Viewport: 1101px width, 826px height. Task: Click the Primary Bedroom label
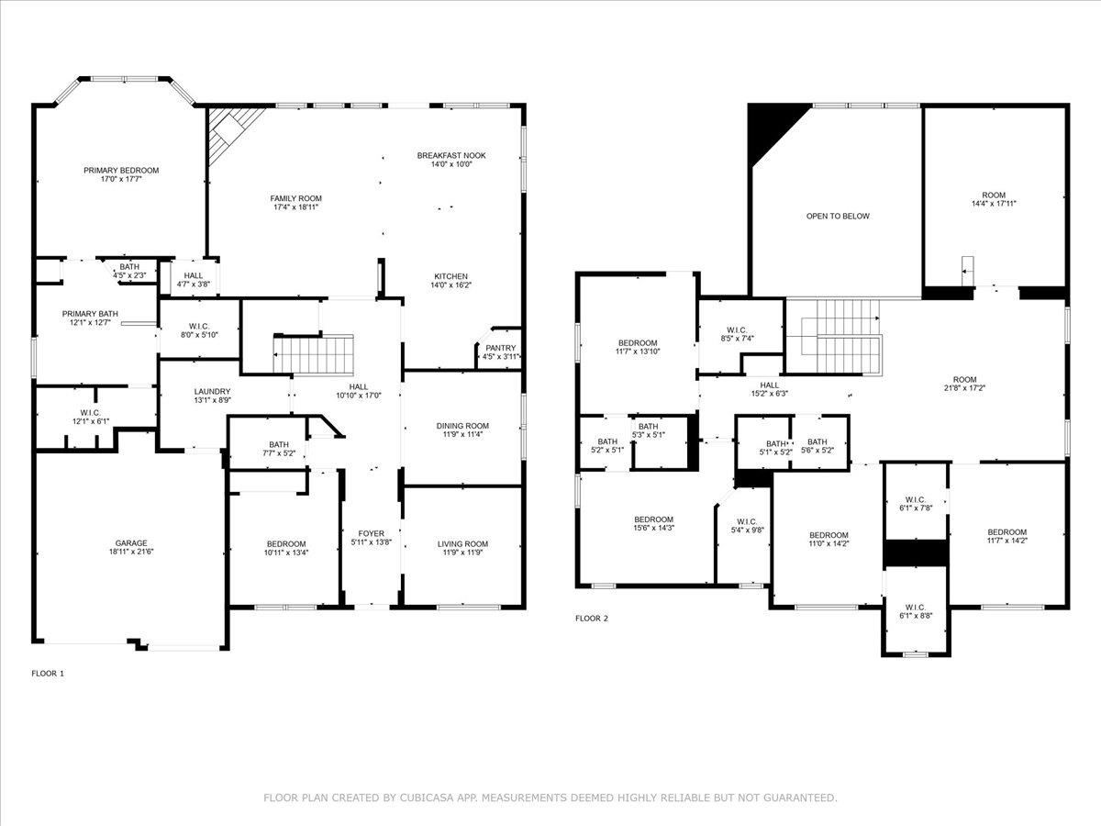pos(121,170)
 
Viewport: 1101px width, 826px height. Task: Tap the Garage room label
pos(131,542)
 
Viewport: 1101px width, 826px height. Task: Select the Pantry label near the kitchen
pos(501,347)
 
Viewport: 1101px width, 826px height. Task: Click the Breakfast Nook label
pos(451,155)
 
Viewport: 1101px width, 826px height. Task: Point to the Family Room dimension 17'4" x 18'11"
pos(296,207)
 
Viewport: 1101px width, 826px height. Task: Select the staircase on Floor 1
pos(315,353)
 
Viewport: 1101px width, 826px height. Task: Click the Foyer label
pos(372,533)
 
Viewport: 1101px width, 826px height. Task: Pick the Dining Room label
pos(462,426)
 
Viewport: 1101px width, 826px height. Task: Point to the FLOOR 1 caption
pos(49,674)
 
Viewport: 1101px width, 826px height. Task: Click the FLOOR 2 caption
pos(592,619)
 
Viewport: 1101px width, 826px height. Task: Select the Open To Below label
pos(838,217)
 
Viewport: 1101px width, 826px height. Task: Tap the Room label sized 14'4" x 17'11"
pos(994,195)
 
